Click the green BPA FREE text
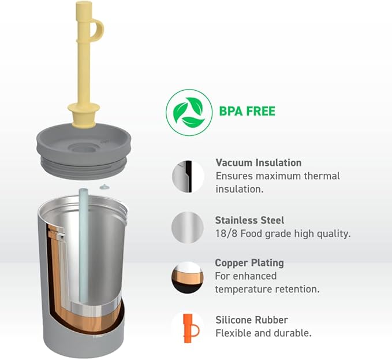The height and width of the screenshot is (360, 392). (247, 112)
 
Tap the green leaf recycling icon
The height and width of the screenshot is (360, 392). (189, 112)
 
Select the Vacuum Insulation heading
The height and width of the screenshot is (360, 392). (259, 163)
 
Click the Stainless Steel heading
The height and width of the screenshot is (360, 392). (249, 220)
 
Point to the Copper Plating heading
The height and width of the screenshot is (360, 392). (249, 263)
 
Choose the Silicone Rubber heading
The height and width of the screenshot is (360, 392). (252, 320)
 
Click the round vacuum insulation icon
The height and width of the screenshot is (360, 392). (188, 177)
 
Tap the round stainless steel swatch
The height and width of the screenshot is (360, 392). (188, 228)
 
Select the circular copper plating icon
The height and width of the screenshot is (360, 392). (188, 277)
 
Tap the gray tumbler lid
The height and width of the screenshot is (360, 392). (84, 151)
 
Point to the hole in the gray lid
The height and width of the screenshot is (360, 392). (83, 148)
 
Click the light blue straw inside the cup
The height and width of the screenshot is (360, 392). (83, 245)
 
